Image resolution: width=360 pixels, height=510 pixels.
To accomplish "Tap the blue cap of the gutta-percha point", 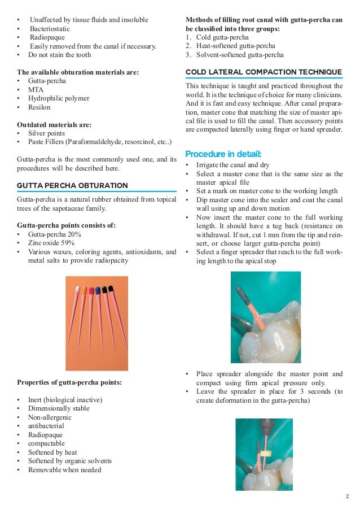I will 98,290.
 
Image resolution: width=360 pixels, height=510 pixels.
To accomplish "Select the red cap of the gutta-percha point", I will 91,291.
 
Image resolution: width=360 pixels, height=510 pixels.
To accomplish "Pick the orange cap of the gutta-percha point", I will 85,290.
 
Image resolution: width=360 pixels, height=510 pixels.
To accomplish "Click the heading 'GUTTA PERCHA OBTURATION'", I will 73,185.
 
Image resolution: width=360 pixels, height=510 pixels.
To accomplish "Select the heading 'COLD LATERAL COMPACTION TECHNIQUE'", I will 264,72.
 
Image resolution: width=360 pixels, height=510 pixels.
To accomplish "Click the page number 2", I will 348,497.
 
